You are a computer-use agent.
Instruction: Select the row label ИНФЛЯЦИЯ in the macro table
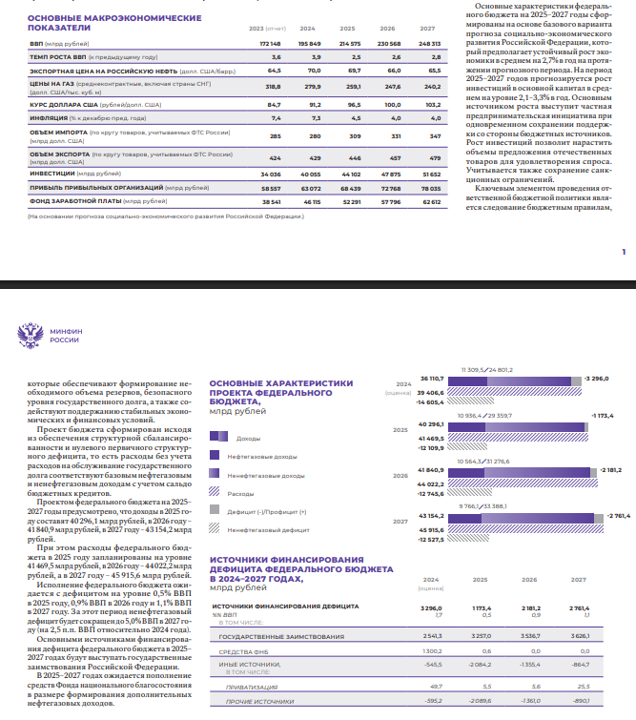(49, 117)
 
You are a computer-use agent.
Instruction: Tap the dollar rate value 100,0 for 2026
(393, 103)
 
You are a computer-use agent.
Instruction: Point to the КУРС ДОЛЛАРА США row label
(62, 103)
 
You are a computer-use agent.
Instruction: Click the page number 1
(622, 251)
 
